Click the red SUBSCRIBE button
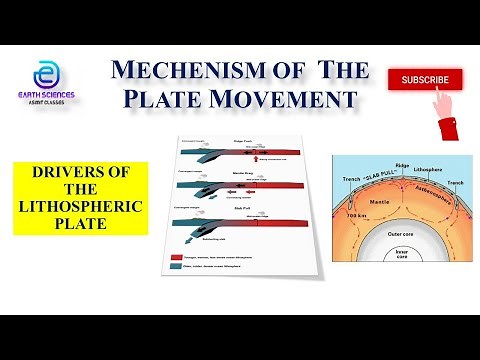point(425,79)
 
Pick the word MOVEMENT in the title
point(300,98)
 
